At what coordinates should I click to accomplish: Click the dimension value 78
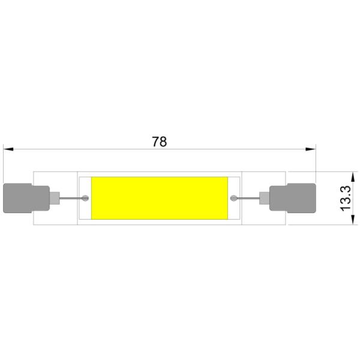(x=160, y=142)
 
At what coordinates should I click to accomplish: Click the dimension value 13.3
(x=345, y=198)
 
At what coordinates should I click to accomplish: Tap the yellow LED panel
(x=160, y=198)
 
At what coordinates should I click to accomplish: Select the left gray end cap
(x=26, y=198)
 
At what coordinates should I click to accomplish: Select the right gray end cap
(x=293, y=198)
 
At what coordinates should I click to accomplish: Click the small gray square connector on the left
(x=55, y=198)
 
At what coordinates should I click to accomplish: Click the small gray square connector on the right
(x=264, y=198)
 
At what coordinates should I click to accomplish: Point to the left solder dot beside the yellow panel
(x=85, y=198)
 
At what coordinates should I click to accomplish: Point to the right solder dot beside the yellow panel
(x=233, y=198)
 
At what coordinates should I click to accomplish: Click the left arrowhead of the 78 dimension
(x=8, y=149)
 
